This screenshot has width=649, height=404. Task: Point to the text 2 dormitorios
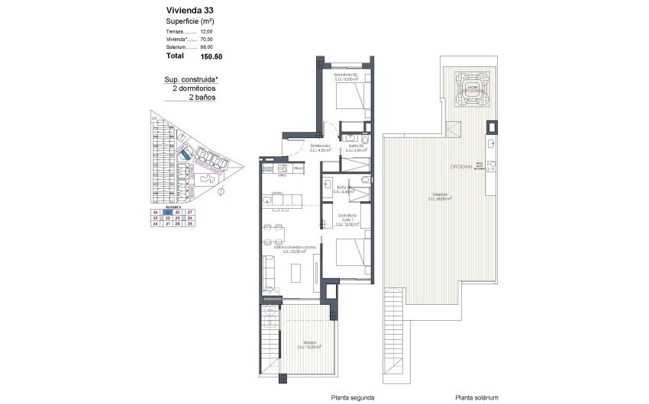click(x=194, y=88)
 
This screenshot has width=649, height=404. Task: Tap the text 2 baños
click(x=202, y=98)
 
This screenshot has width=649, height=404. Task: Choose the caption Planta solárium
click(x=476, y=397)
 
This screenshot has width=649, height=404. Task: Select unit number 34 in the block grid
click(x=156, y=224)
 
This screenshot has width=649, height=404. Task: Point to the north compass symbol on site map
click(x=221, y=191)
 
